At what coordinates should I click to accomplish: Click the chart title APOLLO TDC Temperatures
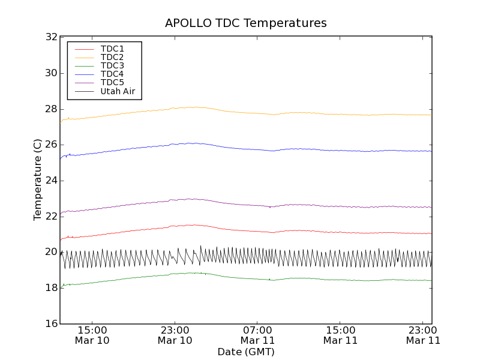[245, 23]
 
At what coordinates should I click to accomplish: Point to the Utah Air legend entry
[118, 91]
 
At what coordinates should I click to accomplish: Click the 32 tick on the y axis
[50, 37]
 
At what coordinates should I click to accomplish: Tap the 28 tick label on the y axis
[50, 109]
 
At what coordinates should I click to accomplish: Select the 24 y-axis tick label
[50, 181]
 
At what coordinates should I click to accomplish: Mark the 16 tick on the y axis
[50, 323]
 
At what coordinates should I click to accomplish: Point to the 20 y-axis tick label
[50, 252]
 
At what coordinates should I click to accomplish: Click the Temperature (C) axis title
[38, 180]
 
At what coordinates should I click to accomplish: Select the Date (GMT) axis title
[245, 352]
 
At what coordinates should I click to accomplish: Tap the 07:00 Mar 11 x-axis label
[257, 335]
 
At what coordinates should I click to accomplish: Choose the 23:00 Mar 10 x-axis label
[175, 335]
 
